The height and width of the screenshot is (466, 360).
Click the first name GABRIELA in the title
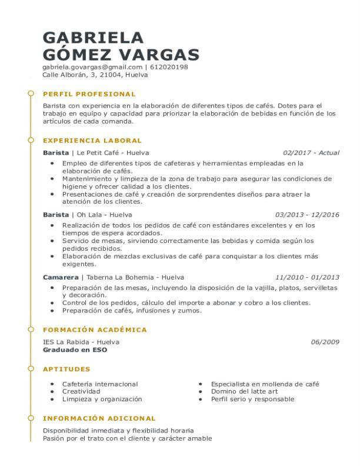93,38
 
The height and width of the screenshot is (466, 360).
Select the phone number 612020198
169,67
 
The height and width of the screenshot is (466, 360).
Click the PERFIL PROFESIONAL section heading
89,94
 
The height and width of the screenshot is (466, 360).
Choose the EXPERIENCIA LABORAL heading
92,141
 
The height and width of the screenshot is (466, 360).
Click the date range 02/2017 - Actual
311,153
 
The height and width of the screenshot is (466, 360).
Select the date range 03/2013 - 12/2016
307,215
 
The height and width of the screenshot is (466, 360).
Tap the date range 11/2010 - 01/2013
307,277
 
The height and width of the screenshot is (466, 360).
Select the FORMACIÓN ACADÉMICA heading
95,330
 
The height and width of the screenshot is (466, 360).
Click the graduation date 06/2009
325,342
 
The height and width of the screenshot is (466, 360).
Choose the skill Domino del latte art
244,391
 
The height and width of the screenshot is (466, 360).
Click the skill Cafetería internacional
100,384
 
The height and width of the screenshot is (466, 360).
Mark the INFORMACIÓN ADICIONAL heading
99,418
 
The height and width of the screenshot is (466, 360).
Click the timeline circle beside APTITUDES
30,369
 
